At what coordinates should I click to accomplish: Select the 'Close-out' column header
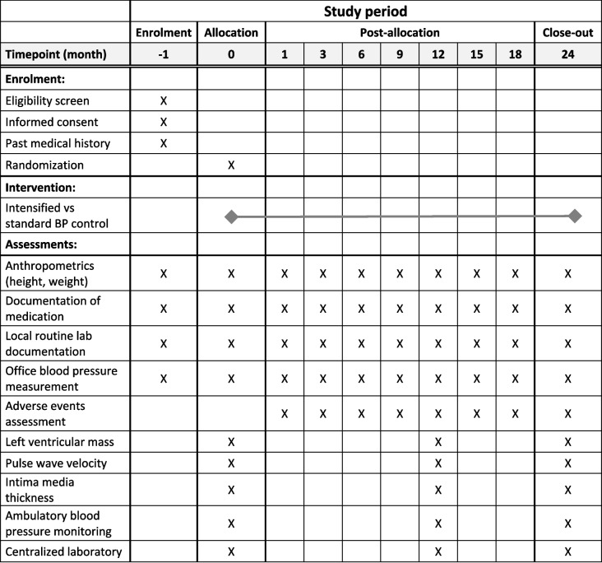point(567,33)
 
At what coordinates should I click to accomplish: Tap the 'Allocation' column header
point(231,33)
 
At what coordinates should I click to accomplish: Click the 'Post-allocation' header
point(400,33)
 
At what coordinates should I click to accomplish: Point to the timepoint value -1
point(164,54)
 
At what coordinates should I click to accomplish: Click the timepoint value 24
point(567,54)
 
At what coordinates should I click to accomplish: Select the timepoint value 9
point(400,54)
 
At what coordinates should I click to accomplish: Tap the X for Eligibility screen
point(164,100)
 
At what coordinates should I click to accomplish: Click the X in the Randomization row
point(231,164)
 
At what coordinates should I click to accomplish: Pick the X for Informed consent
point(164,122)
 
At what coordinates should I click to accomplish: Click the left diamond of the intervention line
point(231,216)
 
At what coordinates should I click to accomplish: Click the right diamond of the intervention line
point(575,216)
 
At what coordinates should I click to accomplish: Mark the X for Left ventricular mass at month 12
point(438,442)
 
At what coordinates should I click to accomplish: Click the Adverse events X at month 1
point(285,414)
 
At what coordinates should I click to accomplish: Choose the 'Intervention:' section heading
point(40,186)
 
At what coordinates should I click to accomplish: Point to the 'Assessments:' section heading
point(43,244)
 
